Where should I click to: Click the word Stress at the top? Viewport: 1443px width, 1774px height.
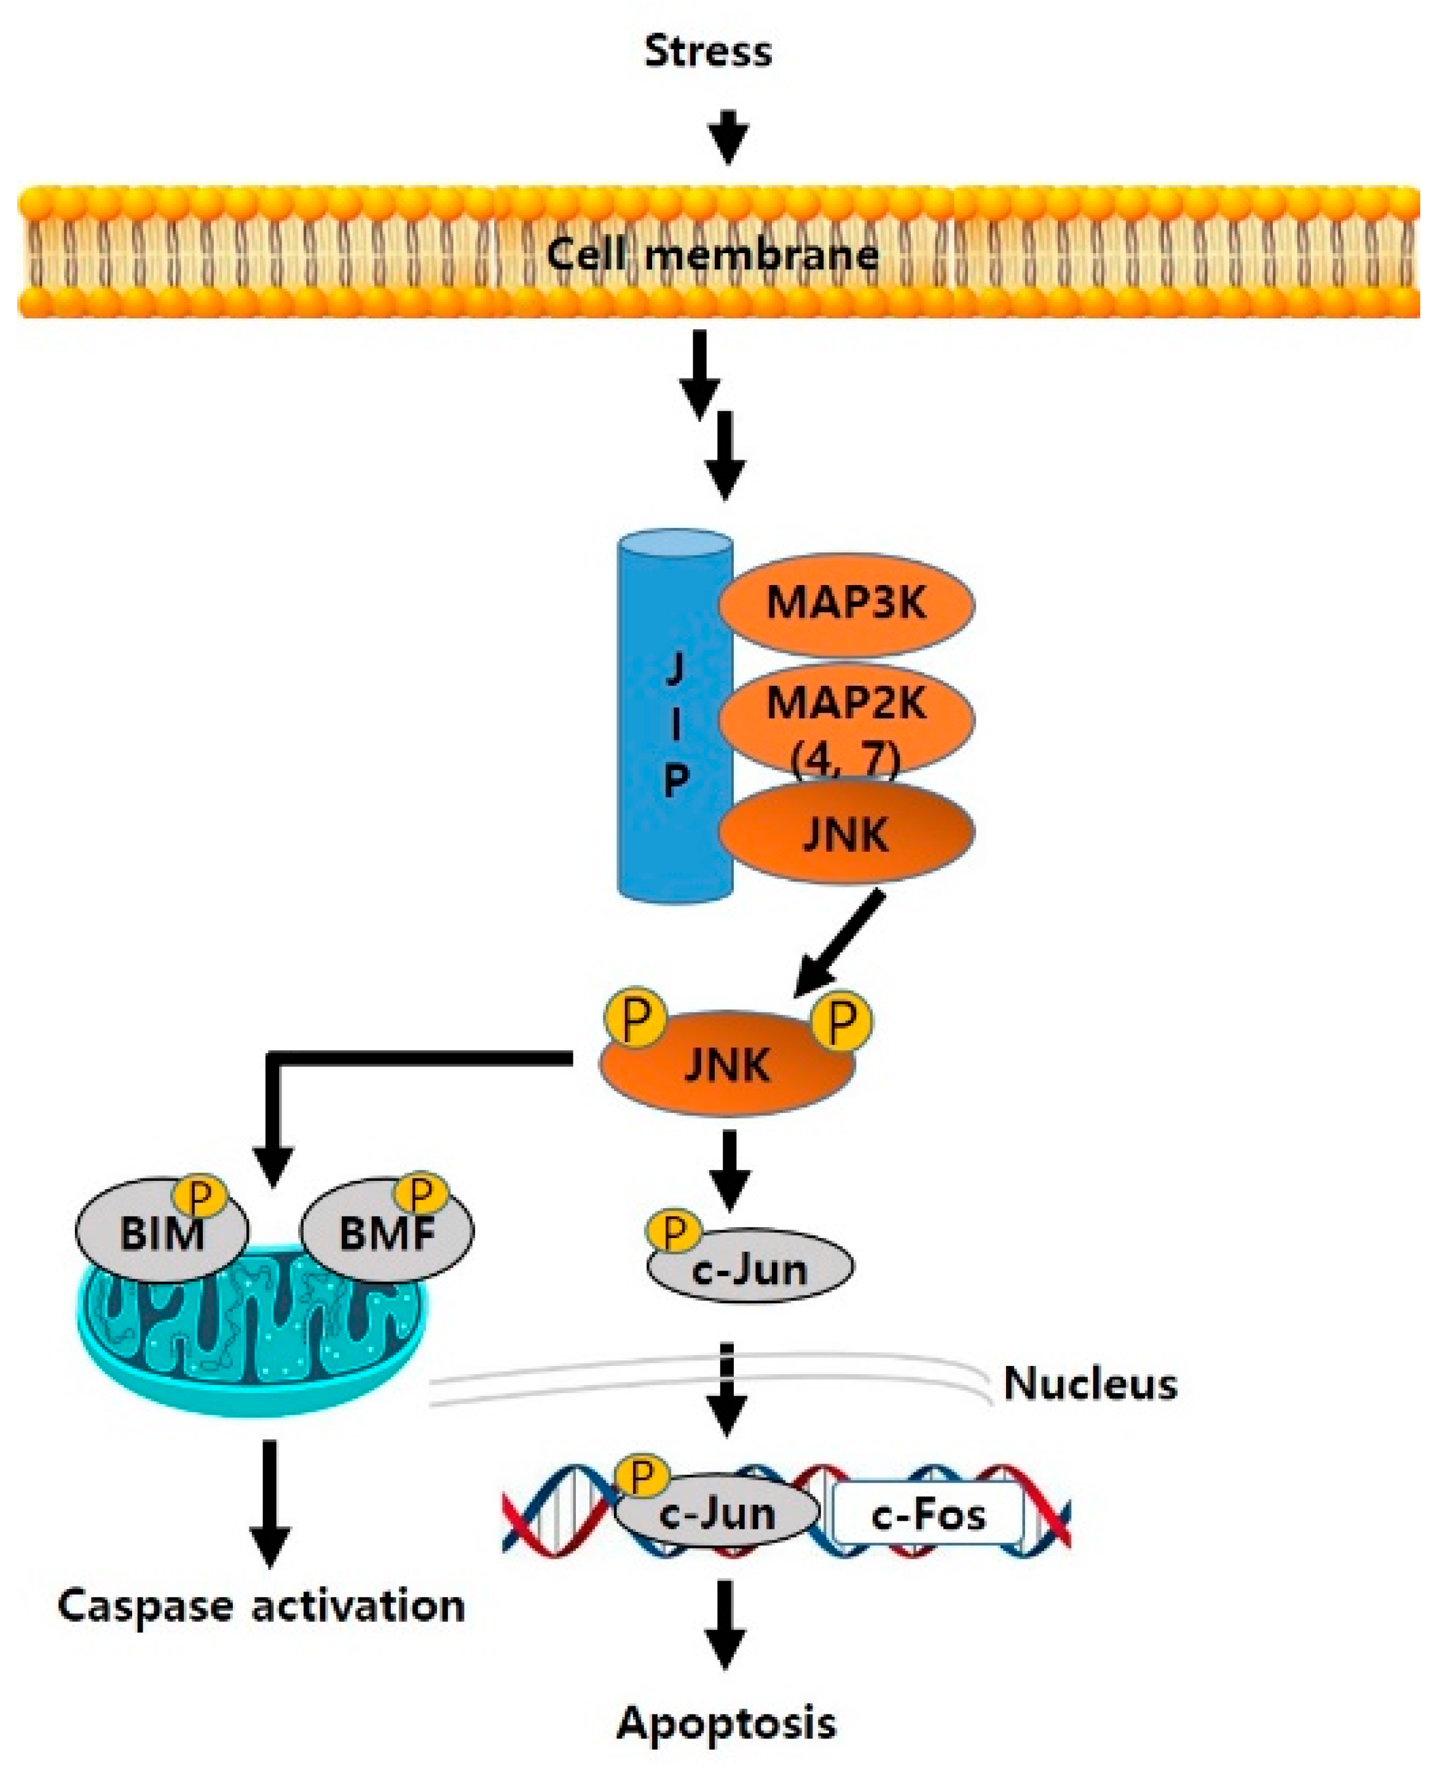pos(707,52)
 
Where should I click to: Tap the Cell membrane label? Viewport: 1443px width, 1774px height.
pos(712,253)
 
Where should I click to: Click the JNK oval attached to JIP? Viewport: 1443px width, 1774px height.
pos(846,833)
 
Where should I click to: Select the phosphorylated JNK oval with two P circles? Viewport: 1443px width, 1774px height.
pos(727,1066)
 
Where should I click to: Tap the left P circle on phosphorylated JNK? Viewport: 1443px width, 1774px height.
pos(634,1019)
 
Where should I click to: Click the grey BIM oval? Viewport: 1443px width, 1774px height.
pos(162,1231)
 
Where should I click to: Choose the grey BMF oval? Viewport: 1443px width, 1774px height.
pos(387,1232)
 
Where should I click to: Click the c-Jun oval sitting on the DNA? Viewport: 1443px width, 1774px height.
pos(717,1515)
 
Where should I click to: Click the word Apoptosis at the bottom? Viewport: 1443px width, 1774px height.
pos(726,1724)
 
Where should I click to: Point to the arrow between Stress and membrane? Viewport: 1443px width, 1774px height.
pos(728,136)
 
